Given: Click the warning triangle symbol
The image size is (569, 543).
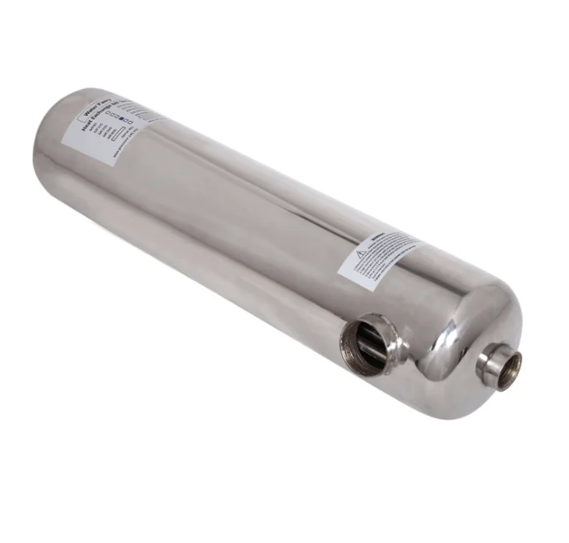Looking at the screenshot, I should [x=359, y=254].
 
